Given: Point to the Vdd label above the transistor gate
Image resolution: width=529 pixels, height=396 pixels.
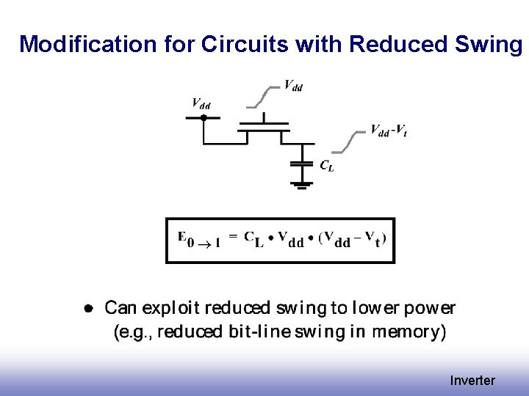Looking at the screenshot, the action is pyautogui.click(x=293, y=86).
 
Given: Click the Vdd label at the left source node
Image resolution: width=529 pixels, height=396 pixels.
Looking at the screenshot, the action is pyautogui.click(x=201, y=103).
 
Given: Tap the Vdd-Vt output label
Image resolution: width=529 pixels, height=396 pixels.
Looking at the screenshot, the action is pyautogui.click(x=389, y=131).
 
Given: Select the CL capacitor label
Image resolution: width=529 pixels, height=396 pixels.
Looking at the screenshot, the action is pyautogui.click(x=327, y=166).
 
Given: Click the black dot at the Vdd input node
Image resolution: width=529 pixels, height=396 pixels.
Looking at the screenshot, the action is pyautogui.click(x=201, y=117).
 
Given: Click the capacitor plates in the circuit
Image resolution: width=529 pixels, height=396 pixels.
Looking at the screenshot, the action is pyautogui.click(x=300, y=164).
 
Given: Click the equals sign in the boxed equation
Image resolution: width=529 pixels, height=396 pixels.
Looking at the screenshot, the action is pyautogui.click(x=233, y=236).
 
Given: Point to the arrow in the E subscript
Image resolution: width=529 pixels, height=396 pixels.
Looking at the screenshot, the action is pyautogui.click(x=206, y=245).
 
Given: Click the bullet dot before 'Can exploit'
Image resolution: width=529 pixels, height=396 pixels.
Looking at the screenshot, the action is pyautogui.click(x=87, y=308).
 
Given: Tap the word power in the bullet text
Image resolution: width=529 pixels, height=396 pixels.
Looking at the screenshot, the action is pyautogui.click(x=430, y=308).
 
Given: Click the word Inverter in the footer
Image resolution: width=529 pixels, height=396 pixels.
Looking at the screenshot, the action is pyautogui.click(x=472, y=381).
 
